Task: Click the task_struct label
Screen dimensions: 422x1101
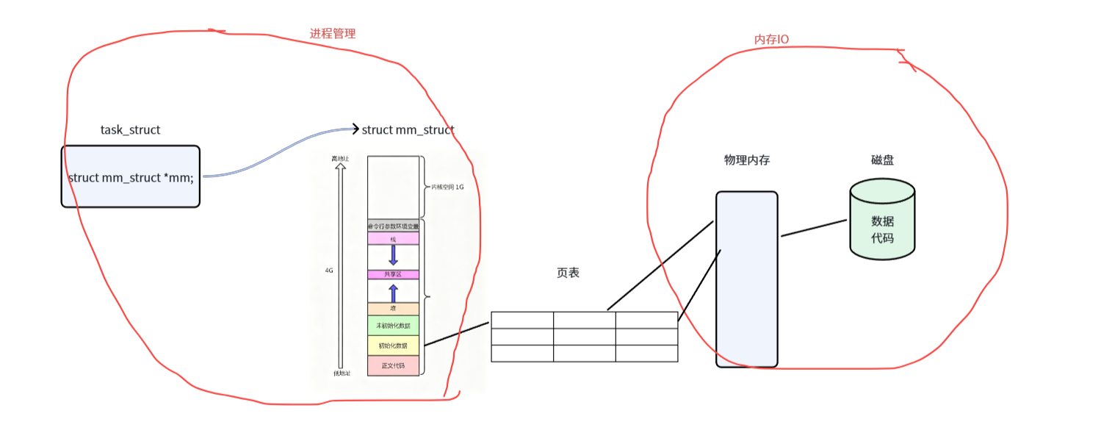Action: [130, 130]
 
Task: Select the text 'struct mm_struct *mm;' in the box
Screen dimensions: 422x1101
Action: [131, 177]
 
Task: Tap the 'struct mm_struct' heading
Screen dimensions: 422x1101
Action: [408, 130]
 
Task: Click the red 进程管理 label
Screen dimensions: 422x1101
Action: [333, 34]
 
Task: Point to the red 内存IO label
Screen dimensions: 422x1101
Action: [771, 39]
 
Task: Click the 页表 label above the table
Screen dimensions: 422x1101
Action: [568, 273]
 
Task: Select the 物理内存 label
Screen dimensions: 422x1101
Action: [746, 160]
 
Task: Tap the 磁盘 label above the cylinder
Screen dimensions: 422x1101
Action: [882, 160]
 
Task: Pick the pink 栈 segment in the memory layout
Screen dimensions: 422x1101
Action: [393, 238]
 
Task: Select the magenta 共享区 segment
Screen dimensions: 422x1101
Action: [393, 274]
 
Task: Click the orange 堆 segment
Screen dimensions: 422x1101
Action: [393, 309]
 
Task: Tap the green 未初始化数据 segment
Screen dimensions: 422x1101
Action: [393, 326]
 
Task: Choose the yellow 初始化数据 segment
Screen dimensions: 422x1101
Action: [393, 345]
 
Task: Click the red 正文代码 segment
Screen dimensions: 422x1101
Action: [393, 365]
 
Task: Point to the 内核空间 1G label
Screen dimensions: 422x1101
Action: [448, 187]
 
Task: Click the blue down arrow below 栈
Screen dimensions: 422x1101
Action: [393, 254]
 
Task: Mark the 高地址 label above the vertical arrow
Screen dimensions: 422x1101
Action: [339, 158]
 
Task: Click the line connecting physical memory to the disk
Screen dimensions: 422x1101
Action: [813, 228]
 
